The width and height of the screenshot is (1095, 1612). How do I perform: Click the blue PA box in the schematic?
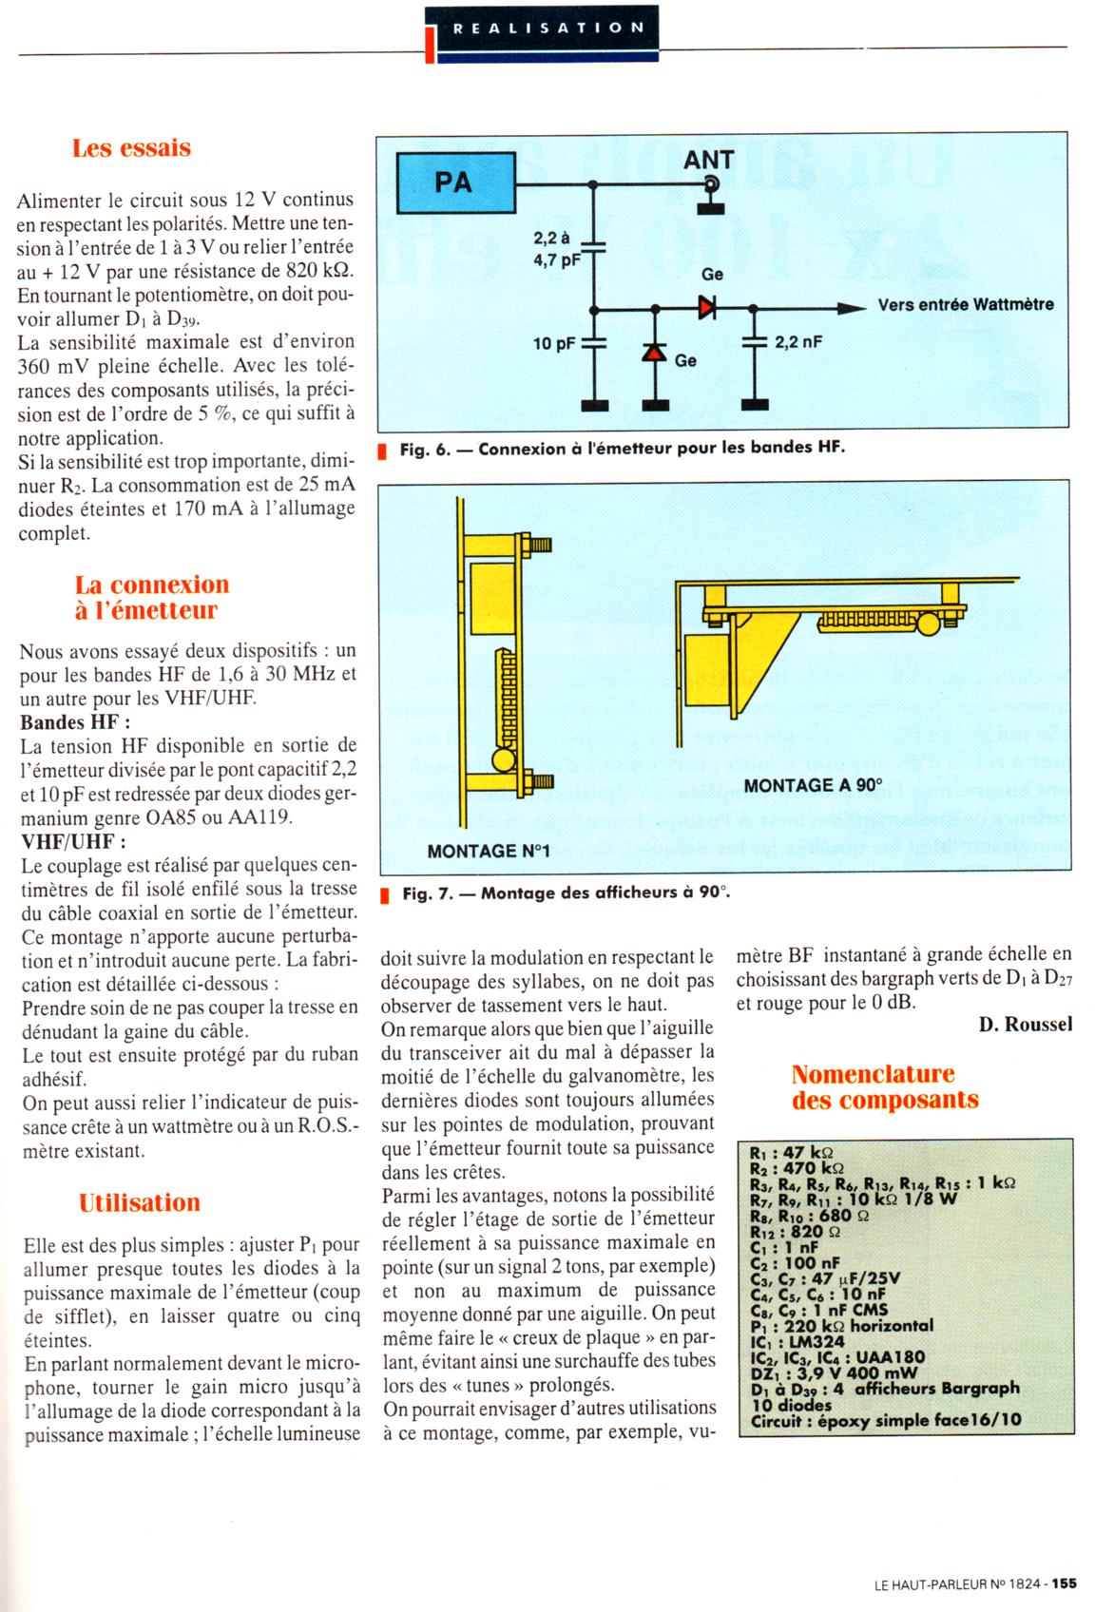pyautogui.click(x=452, y=182)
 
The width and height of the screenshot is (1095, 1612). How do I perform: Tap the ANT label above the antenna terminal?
pyautogui.click(x=708, y=160)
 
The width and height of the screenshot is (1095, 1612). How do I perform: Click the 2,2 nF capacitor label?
pyautogui.click(x=797, y=342)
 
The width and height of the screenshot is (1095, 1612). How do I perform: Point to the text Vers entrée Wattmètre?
pyautogui.click(x=965, y=305)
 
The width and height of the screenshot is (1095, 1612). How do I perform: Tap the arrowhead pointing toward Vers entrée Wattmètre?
pyautogui.click(x=853, y=307)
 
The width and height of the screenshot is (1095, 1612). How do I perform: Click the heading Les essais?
pyautogui.click(x=131, y=148)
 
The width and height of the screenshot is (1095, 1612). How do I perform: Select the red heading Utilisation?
pyautogui.click(x=140, y=1202)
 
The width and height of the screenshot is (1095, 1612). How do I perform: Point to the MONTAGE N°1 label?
pyautogui.click(x=489, y=851)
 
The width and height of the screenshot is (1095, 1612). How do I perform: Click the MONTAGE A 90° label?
pyautogui.click(x=813, y=785)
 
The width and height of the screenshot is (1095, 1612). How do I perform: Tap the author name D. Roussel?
pyautogui.click(x=1025, y=1024)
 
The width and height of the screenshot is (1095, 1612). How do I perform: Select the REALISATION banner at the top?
pyautogui.click(x=541, y=28)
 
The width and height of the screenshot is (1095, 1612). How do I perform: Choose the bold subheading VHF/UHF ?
pyautogui.click(x=73, y=841)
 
